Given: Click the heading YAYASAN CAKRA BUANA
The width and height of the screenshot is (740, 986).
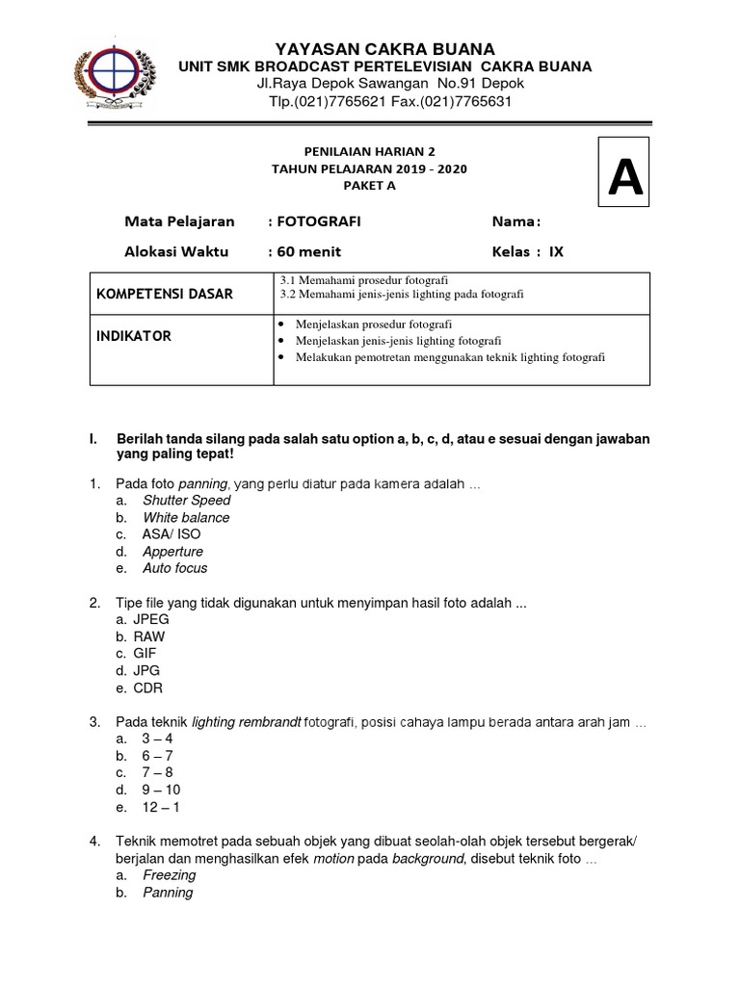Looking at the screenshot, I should [x=385, y=48].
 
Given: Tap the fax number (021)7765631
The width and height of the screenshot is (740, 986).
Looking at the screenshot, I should [x=456, y=101].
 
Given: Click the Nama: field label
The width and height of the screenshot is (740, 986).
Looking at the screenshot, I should [x=516, y=221].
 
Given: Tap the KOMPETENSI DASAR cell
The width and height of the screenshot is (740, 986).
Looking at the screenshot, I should [x=164, y=294].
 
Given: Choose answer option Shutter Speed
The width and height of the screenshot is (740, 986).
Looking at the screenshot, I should [x=186, y=501].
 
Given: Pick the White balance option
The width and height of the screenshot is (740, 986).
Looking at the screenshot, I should [x=186, y=518].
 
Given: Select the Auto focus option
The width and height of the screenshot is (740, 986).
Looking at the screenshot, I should [x=174, y=568].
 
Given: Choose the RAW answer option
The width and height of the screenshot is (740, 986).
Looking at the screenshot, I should [x=149, y=636].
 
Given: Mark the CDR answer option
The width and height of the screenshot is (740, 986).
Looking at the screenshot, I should [x=148, y=688].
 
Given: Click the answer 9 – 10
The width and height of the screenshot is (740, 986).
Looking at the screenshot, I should [x=161, y=790].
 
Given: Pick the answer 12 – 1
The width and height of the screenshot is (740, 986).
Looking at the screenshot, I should [x=160, y=807].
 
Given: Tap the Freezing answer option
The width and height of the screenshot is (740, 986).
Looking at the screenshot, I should [x=169, y=875].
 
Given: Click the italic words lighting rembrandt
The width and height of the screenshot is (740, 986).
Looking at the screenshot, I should [x=247, y=722].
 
